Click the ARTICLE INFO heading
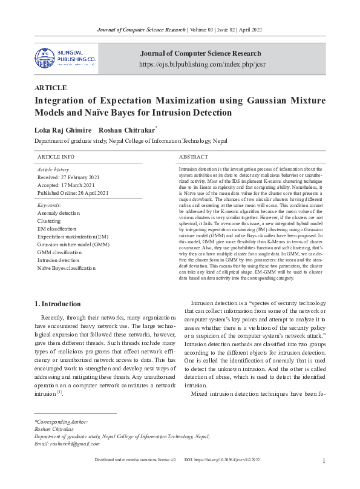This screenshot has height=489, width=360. (56, 157)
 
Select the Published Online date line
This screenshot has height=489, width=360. (73, 193)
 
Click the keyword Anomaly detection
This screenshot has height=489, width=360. (58, 214)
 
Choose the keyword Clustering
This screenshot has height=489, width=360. (49, 221)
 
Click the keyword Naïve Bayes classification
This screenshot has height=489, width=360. (67, 267)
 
